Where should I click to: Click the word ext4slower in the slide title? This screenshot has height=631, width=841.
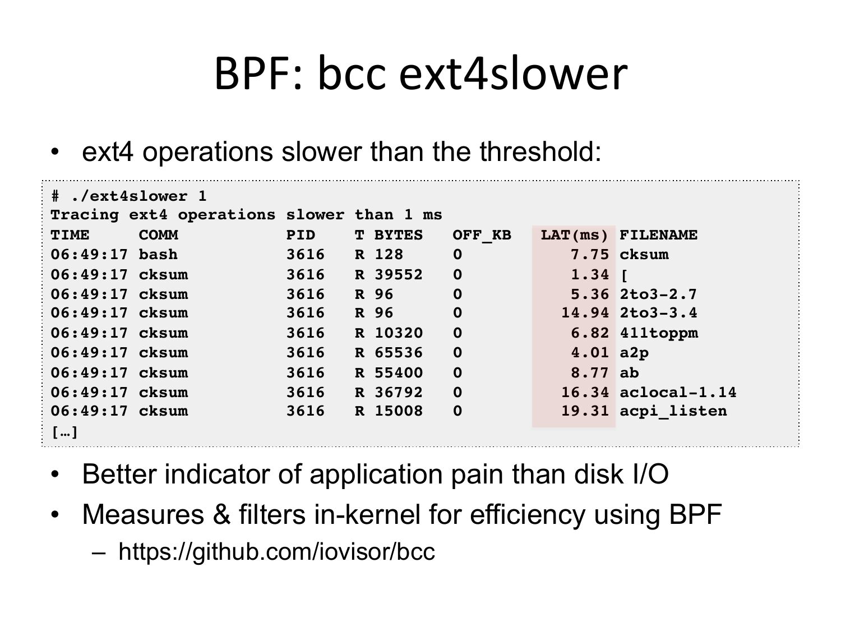pos(513,73)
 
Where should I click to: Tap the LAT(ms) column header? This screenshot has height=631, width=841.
pos(574,235)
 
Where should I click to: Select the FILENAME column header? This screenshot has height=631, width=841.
pos(659,235)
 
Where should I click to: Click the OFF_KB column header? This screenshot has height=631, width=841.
pos(482,235)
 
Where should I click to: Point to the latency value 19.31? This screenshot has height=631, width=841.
pos(585,411)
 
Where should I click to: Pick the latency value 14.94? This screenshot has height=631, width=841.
pos(585,313)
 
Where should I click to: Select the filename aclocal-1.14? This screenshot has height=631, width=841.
pos(678,392)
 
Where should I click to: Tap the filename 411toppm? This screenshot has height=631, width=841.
pos(659,333)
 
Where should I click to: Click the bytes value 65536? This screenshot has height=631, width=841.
pos(399,353)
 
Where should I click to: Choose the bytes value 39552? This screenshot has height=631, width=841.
pos(399,275)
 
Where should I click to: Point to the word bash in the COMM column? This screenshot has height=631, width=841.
pos(158,255)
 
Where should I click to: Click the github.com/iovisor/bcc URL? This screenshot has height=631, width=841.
pos(276,552)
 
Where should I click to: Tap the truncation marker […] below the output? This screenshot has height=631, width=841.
pos(64,432)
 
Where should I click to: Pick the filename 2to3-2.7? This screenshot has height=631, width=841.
pos(658,294)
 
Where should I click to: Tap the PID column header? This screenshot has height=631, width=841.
pos(301,235)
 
